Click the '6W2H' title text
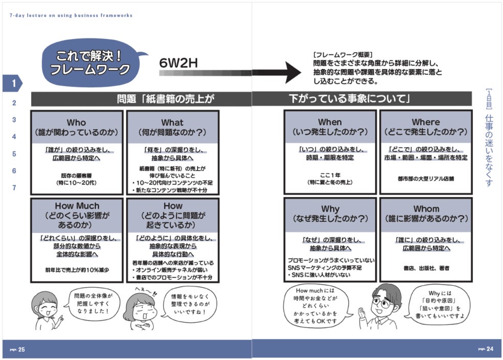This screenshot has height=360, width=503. click(178, 63)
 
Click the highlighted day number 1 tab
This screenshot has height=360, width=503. click(14, 83)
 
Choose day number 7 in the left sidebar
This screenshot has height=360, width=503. click(14, 187)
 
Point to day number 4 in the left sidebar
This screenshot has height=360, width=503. click(14, 137)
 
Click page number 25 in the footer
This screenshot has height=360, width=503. click(21, 349)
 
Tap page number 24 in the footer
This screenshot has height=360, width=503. click(489, 349)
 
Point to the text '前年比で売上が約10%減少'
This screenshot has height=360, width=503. click(77, 270)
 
